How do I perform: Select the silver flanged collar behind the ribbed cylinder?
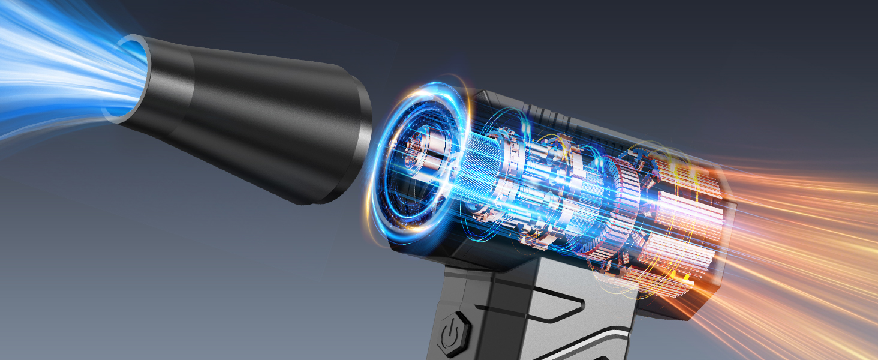[516, 180]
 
